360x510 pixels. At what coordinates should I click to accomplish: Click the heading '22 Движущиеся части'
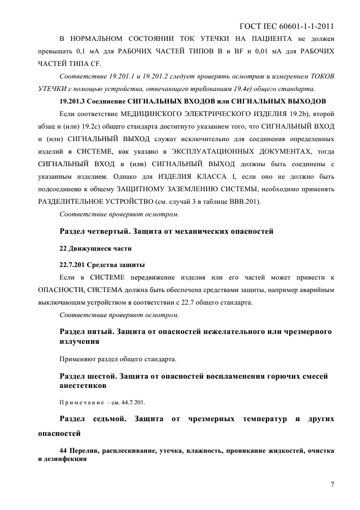point(95,248)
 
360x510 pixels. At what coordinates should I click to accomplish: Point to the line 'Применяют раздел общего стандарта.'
point(117,359)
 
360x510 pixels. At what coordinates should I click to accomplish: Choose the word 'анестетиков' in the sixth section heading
point(83,386)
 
